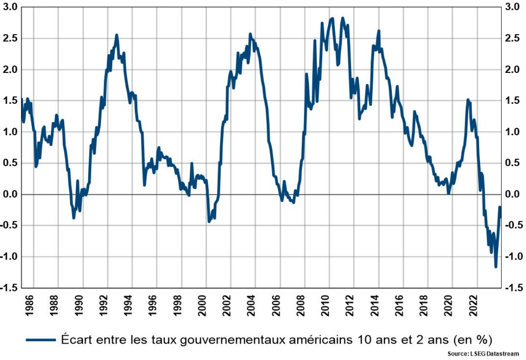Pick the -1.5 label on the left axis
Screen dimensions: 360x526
pos(10,288)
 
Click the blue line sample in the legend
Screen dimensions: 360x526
pos(41,340)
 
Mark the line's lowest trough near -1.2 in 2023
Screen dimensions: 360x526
pos(496,267)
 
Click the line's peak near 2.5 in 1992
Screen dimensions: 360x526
pos(116,35)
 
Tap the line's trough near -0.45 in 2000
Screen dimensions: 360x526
pos(209,222)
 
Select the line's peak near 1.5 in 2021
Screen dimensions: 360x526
pos(468,100)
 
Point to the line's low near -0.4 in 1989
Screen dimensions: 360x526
pos(74,218)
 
